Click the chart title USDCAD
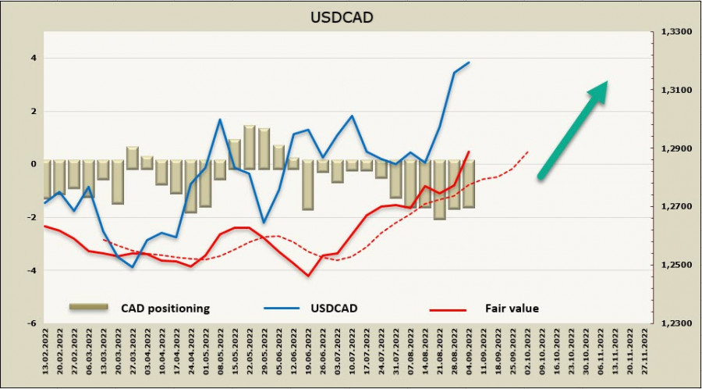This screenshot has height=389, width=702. (x=350, y=16)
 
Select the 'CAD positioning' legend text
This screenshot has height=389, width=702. (x=165, y=309)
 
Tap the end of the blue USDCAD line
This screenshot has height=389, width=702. (x=469, y=62)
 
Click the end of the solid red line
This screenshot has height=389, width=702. (x=469, y=152)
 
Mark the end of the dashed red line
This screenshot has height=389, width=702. (x=528, y=152)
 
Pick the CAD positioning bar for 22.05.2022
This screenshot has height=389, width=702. (x=250, y=147)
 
